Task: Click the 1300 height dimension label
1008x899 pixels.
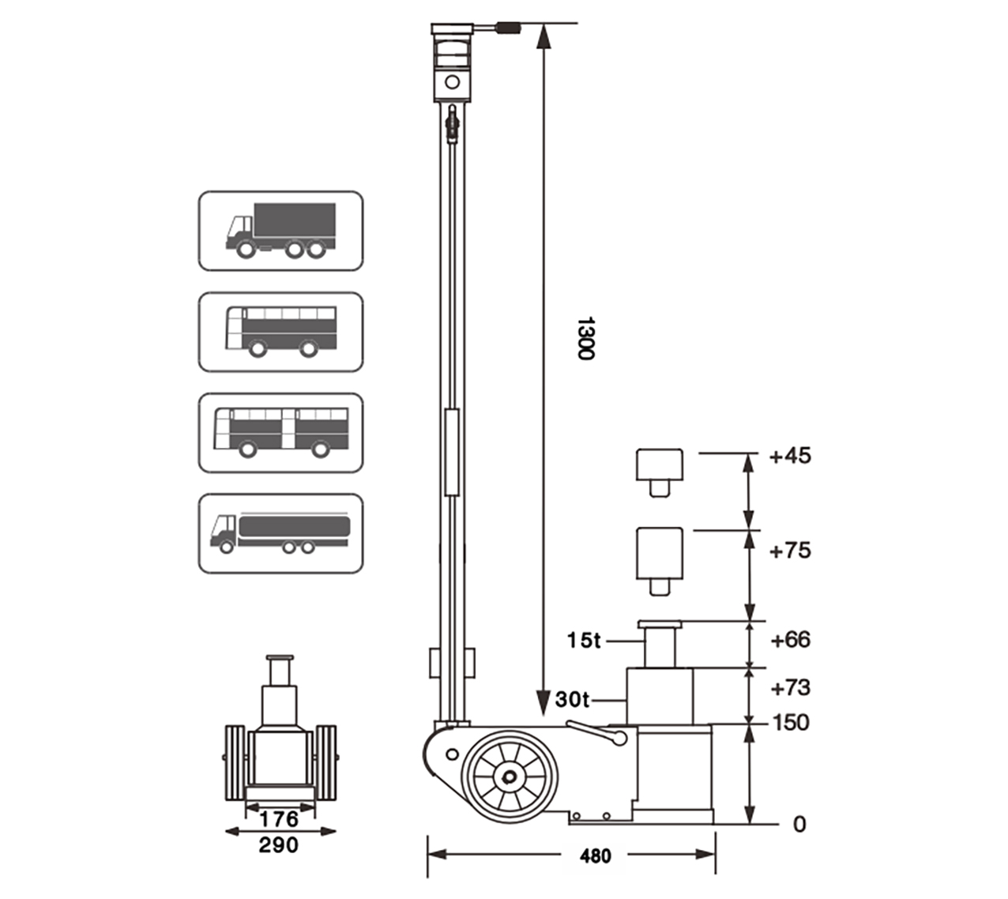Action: (x=585, y=339)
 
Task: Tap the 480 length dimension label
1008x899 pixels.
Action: (x=595, y=856)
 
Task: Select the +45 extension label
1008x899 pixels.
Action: (x=790, y=456)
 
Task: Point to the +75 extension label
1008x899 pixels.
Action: (x=790, y=551)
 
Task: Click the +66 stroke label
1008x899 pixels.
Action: (x=790, y=640)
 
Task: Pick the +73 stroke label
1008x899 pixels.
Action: (x=790, y=688)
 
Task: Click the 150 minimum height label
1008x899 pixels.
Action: (x=791, y=723)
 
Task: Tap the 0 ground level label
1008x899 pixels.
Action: (x=799, y=825)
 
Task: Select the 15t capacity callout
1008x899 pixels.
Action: (x=583, y=641)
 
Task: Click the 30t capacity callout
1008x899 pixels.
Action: (x=572, y=699)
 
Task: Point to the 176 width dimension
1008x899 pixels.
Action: (x=279, y=818)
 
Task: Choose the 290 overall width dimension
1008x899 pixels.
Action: (x=279, y=845)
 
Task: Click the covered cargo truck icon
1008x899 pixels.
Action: (x=280, y=231)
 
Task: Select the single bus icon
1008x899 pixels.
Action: (x=280, y=332)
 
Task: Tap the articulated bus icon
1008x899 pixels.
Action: (x=280, y=433)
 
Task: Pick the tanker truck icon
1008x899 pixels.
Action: (x=280, y=533)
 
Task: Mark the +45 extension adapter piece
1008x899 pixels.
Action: (x=659, y=471)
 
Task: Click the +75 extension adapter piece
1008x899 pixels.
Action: (x=659, y=559)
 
